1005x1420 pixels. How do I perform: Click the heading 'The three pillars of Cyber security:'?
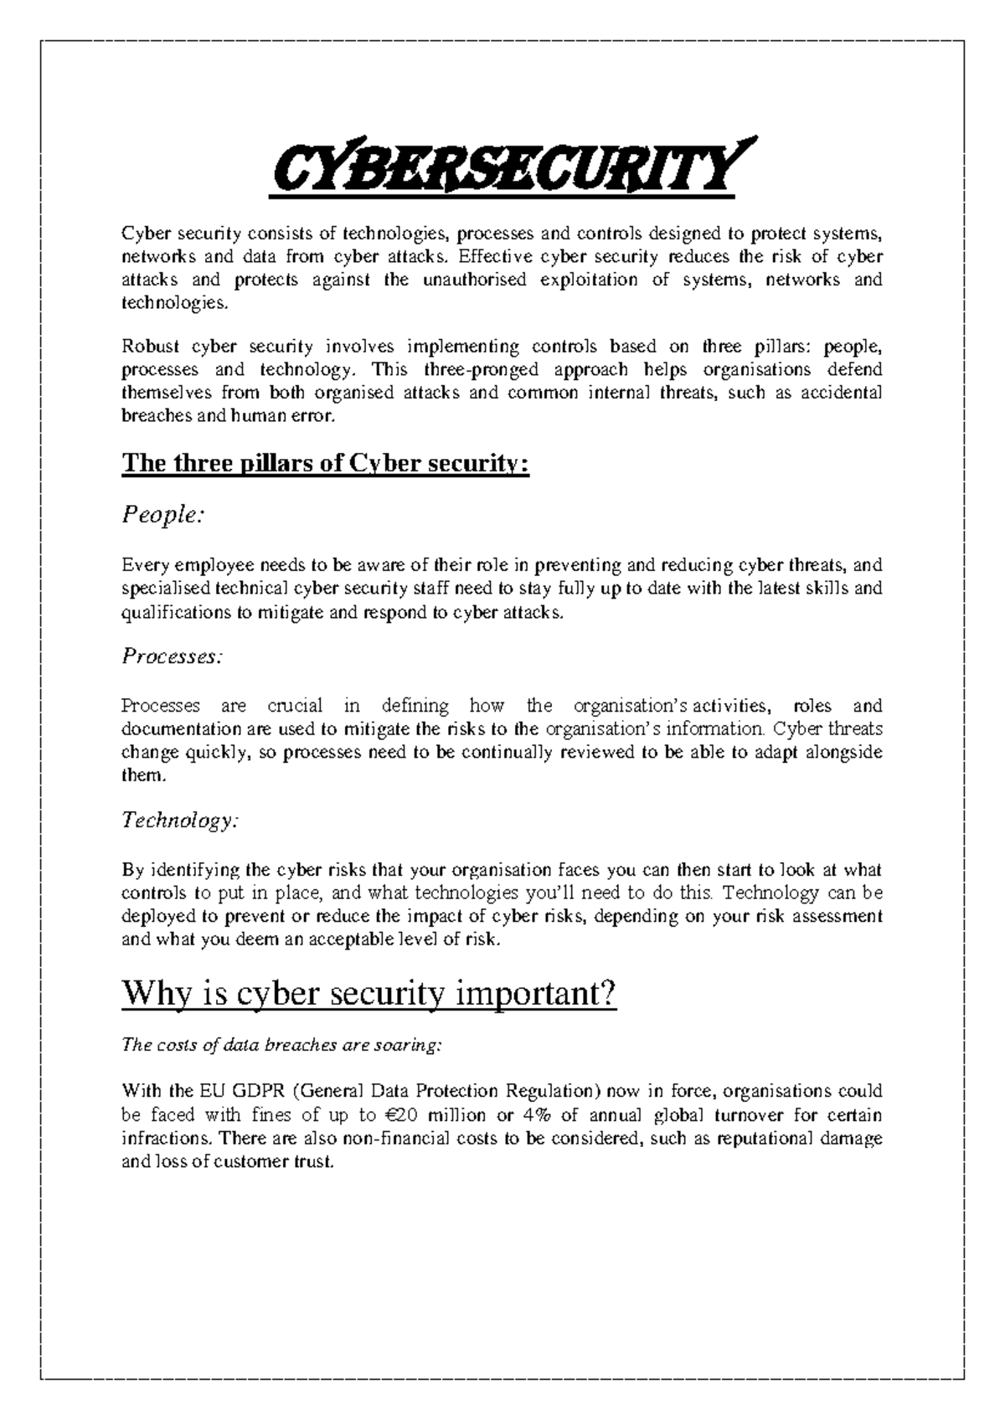[x=326, y=463]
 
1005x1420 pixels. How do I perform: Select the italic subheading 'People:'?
[x=163, y=516]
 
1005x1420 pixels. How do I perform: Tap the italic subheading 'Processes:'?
[x=173, y=656]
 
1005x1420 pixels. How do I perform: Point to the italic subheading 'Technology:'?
[x=180, y=821]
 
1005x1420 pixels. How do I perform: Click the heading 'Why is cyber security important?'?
[x=369, y=995]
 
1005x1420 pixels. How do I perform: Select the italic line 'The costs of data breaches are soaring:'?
[x=281, y=1045]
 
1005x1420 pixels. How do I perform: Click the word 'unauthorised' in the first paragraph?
[x=474, y=280]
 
